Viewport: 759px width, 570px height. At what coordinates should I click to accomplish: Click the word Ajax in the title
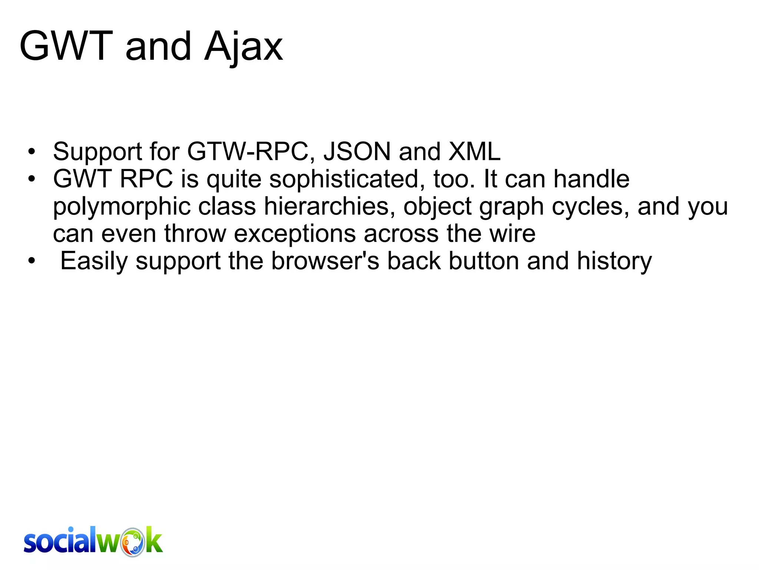[x=243, y=47]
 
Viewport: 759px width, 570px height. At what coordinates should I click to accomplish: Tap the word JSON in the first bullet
[x=357, y=151]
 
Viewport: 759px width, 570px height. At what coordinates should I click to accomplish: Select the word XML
[x=474, y=151]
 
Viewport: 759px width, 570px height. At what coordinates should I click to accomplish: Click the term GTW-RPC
[x=248, y=151]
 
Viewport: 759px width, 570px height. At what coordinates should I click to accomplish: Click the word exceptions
[x=295, y=234]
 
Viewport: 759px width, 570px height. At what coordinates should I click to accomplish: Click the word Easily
[x=94, y=261]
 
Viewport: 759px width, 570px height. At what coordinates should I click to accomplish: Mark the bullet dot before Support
[x=32, y=152]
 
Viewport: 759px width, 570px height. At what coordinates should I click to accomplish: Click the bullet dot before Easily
[x=32, y=261]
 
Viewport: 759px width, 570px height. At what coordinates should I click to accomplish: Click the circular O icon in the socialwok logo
[x=133, y=542]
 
